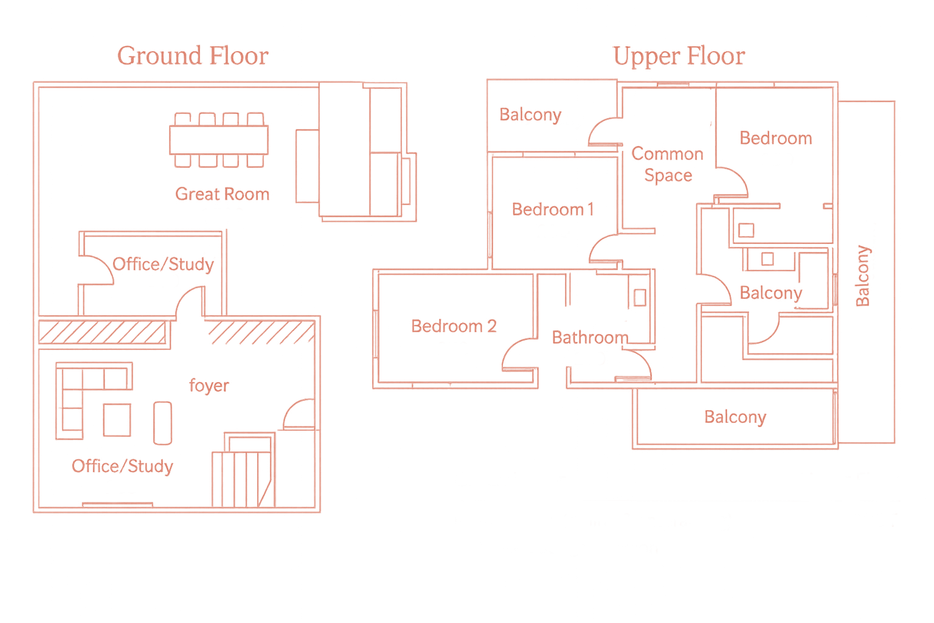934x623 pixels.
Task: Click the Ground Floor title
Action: [193, 56]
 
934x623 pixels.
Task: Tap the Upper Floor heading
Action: [679, 56]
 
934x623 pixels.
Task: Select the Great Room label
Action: [222, 194]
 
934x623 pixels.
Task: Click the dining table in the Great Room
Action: [219, 139]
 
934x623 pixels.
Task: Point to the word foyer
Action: [209, 386]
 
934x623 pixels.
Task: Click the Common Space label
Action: [668, 164]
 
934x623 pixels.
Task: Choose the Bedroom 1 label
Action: [552, 209]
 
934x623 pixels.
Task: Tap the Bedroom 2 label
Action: [454, 326]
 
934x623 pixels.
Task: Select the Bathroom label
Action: [590, 338]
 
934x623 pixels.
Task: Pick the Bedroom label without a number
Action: [775, 138]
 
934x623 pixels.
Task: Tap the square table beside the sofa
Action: [117, 420]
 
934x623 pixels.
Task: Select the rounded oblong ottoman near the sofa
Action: [162, 423]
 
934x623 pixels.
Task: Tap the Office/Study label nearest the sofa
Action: [122, 466]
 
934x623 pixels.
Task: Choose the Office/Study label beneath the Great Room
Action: [163, 264]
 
